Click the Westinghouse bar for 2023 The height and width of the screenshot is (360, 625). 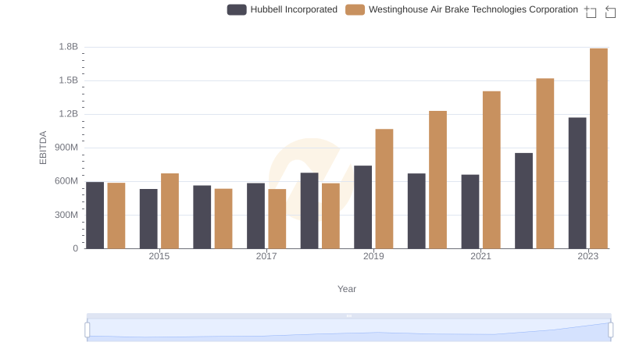tap(598, 148)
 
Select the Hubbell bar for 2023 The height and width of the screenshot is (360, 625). tap(577, 183)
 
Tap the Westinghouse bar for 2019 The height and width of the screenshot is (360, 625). tap(384, 189)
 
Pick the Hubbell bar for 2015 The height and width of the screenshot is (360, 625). tap(148, 219)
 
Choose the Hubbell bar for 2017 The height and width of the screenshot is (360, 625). tap(255, 216)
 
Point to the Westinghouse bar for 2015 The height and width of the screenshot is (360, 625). tap(170, 211)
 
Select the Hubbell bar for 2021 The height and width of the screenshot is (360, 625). tap(470, 212)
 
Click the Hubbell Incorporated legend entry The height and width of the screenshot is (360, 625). tap(282, 9)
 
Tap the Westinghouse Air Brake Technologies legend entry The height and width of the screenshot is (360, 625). tap(462, 9)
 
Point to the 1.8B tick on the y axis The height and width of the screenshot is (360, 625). tap(69, 47)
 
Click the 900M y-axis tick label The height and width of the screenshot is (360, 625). tap(66, 148)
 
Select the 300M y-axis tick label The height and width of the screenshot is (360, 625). tap(66, 215)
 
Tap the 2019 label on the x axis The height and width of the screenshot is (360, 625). tap(373, 256)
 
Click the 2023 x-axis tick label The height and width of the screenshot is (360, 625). tap(587, 256)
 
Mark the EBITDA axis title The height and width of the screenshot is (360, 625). tap(44, 148)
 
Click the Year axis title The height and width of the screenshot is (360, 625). tap(347, 289)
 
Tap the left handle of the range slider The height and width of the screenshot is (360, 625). tap(87, 330)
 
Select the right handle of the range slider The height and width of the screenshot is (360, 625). tap(610, 330)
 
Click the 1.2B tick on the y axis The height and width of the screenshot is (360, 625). tap(69, 114)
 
